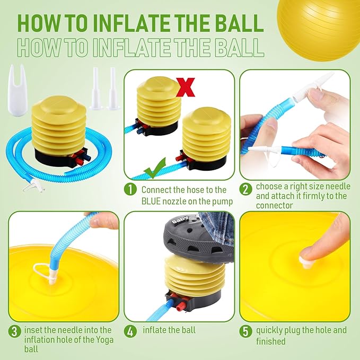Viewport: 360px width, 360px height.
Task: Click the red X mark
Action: (x=186, y=87)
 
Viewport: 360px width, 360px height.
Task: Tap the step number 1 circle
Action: (x=130, y=190)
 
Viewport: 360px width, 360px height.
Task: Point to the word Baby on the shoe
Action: (x=180, y=219)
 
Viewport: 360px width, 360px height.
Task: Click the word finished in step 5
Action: (x=271, y=341)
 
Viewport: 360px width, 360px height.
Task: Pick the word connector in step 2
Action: (x=274, y=206)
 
